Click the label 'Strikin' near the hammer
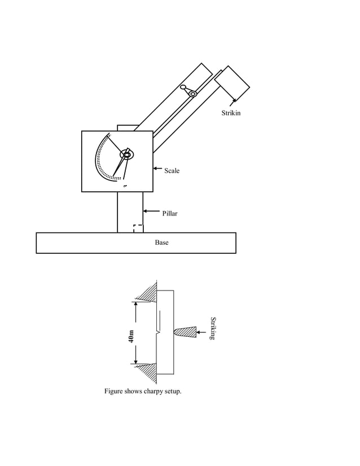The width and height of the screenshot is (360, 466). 231,113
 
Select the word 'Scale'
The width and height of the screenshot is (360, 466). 172,170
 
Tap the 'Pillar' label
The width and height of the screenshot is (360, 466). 170,214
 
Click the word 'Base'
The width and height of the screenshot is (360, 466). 161,243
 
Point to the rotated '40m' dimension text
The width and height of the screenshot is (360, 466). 131,336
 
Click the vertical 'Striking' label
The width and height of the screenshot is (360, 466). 213,328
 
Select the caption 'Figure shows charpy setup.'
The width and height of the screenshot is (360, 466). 143,391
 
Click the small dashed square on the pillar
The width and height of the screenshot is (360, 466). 138,228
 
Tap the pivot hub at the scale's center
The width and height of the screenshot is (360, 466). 127,153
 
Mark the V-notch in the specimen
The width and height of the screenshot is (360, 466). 160,333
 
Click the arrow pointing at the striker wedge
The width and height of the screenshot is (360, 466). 203,332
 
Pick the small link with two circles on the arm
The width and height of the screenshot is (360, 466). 188,90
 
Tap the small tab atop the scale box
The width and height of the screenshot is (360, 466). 128,128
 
